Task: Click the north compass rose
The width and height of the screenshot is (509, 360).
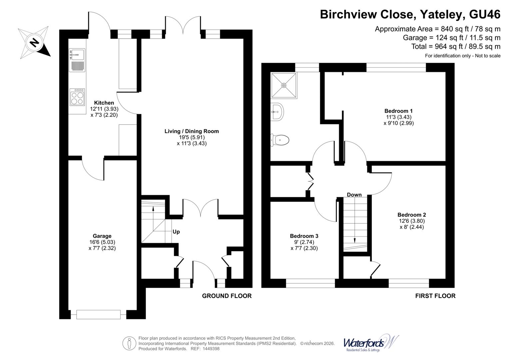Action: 34,42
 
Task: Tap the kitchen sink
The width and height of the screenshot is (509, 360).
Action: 77,54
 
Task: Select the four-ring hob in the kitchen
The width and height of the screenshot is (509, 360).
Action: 77,97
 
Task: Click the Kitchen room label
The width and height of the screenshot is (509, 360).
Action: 104,103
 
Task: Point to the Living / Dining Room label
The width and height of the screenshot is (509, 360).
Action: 192,131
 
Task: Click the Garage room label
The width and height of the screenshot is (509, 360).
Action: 102,236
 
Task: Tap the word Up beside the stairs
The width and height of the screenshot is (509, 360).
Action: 176,232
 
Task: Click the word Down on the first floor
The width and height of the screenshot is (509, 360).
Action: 354,195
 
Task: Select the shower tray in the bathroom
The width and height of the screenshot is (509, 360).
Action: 283,85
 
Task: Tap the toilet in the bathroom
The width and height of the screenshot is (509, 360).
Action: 280,140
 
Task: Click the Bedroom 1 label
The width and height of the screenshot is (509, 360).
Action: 398,111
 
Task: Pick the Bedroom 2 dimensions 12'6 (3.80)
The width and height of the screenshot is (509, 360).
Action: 412,221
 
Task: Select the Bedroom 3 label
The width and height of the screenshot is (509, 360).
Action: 304,236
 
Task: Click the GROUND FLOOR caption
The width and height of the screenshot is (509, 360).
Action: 227,296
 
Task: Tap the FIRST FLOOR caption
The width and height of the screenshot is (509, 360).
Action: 435,296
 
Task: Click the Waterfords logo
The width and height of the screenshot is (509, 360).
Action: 371,343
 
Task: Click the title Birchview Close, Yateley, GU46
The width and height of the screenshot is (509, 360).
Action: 410,15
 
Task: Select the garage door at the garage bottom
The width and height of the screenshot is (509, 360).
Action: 98,314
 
